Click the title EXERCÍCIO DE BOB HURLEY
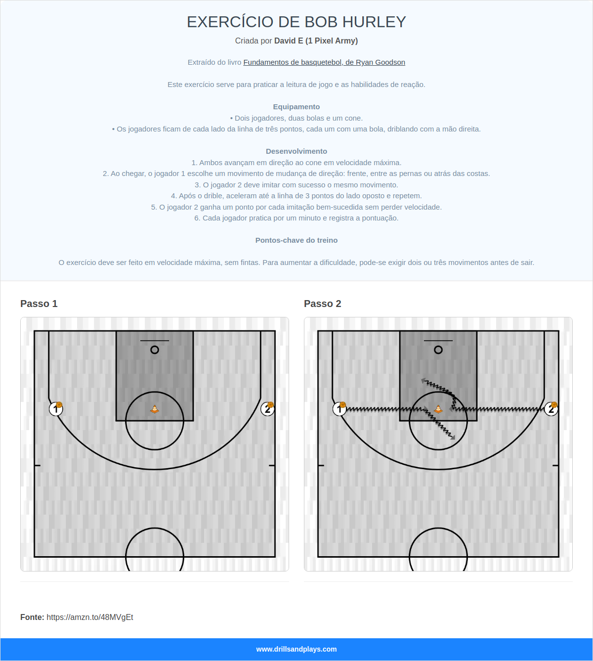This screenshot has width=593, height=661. click(x=296, y=22)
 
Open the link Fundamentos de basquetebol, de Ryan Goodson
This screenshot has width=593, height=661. click(x=324, y=62)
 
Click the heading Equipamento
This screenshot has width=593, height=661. click(x=296, y=107)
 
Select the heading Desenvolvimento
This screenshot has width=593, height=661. click(x=296, y=151)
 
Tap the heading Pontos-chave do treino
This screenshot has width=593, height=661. click(x=296, y=240)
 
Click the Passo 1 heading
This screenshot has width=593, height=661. click(x=39, y=304)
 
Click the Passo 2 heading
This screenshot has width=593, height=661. click(x=323, y=304)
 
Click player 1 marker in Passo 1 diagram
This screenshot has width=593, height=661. click(x=56, y=409)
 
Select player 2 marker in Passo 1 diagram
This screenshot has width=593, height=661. click(x=267, y=409)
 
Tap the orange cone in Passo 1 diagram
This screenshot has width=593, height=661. click(x=155, y=409)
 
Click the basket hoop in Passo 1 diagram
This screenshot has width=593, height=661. click(x=155, y=350)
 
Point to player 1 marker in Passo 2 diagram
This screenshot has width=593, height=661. click(x=339, y=409)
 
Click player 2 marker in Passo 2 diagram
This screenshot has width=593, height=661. click(x=551, y=409)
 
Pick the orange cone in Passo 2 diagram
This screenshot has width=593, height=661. click(x=438, y=409)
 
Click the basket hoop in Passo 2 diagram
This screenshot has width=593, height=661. click(x=438, y=350)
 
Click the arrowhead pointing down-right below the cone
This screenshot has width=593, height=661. click(x=452, y=437)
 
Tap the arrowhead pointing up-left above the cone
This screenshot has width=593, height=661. click(x=424, y=381)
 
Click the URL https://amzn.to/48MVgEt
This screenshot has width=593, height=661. click(x=90, y=617)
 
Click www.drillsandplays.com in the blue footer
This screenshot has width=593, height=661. click(x=296, y=649)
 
